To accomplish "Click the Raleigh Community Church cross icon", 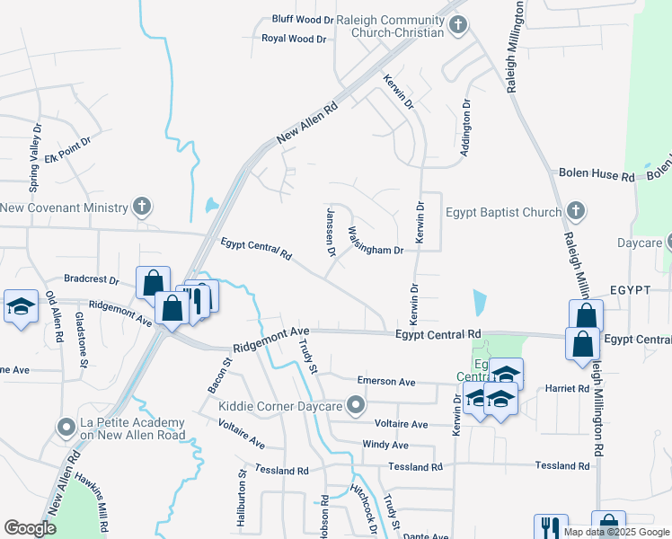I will point(458,24).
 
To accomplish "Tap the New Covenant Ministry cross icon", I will point(141,208).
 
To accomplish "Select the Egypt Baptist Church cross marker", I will point(576,213).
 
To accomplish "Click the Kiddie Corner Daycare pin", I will point(357,406).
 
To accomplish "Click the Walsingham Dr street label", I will point(376,240).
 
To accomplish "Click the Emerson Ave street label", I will point(386,382).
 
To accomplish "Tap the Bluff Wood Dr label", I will point(303,19).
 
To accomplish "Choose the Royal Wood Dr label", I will point(294,39).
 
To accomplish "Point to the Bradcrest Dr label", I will point(93,279).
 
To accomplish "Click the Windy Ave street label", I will point(385,445).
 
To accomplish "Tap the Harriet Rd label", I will point(566,389).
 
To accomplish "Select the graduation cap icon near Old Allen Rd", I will point(21,305).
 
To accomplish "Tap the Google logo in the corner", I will point(30,528).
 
